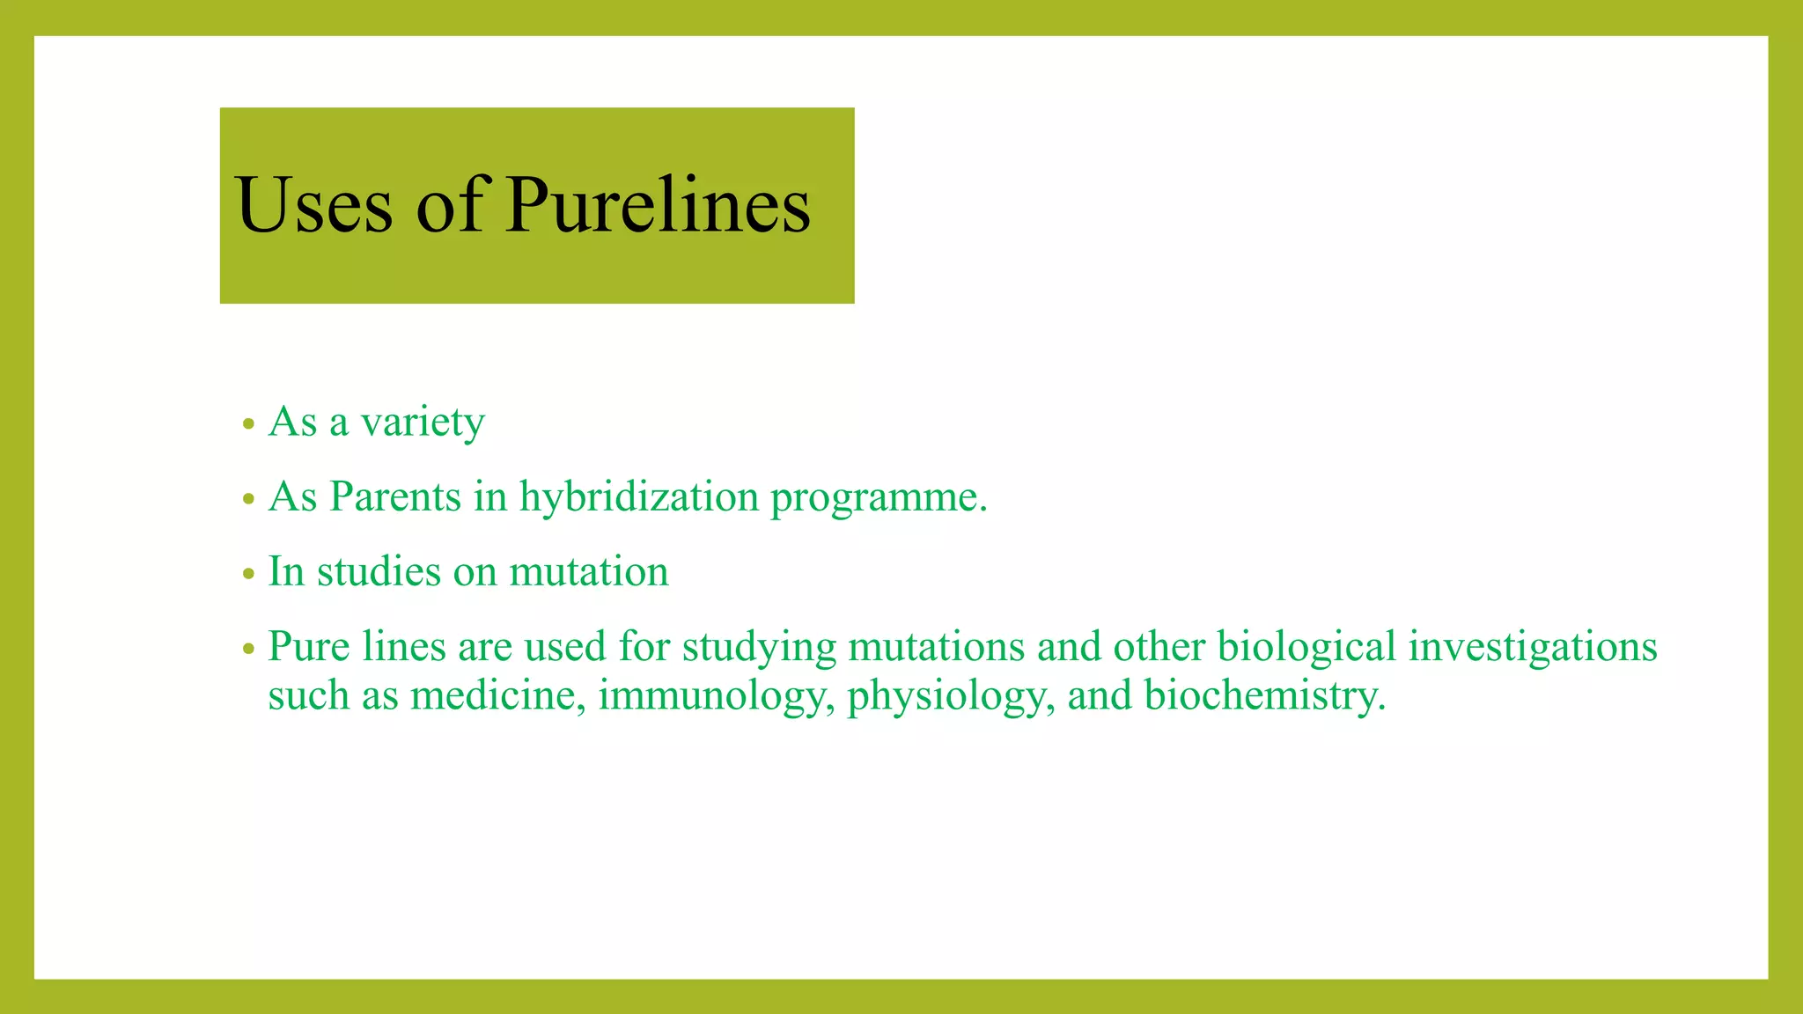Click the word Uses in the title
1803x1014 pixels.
[x=313, y=206]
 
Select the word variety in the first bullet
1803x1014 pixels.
[x=423, y=423]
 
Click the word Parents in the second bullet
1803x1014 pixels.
[x=395, y=497]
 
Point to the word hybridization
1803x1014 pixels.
[x=639, y=497]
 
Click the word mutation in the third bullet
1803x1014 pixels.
[x=589, y=572]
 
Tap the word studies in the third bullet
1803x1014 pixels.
[x=379, y=572]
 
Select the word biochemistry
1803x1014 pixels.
[x=1264, y=696]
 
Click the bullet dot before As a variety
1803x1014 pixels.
[x=249, y=425]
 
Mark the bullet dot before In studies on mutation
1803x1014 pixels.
[x=249, y=575]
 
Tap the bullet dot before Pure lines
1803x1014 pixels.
[x=249, y=650]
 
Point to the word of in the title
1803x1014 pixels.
[x=450, y=206]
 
